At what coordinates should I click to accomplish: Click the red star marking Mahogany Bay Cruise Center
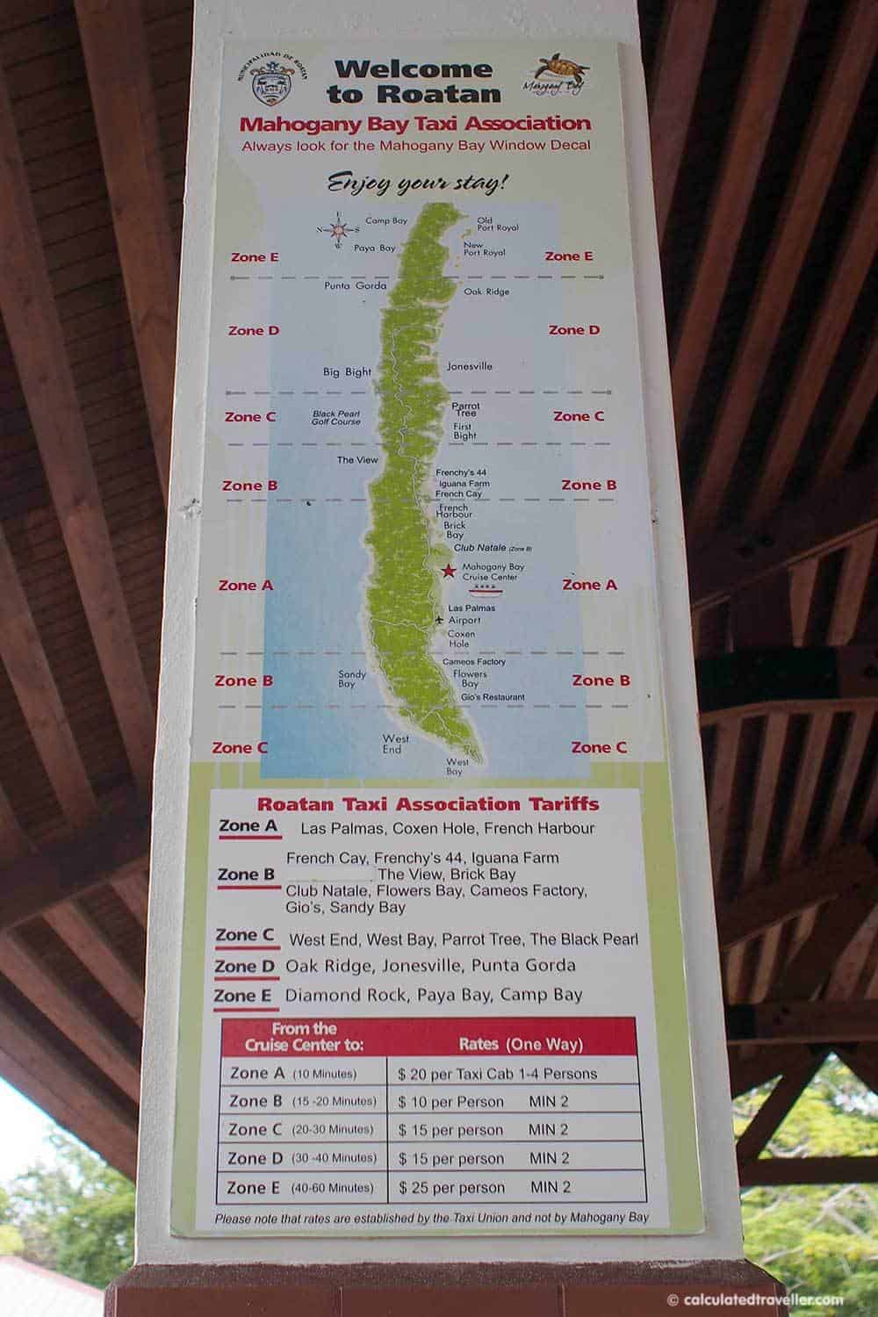click(x=448, y=572)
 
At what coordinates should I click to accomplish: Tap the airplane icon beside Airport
click(x=439, y=621)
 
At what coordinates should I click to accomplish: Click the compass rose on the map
click(x=337, y=230)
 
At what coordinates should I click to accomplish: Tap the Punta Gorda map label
click(x=356, y=285)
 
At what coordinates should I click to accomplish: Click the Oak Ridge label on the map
click(x=486, y=291)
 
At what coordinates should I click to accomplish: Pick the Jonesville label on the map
click(x=470, y=366)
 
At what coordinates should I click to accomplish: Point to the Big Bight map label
click(x=347, y=372)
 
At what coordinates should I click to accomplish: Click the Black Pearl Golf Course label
click(x=337, y=417)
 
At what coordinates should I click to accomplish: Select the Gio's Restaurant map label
click(x=493, y=697)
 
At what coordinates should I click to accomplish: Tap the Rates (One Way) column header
click(x=521, y=1045)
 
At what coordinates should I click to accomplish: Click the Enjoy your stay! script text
click(x=418, y=184)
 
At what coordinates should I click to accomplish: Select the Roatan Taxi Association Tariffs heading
click(x=428, y=803)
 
